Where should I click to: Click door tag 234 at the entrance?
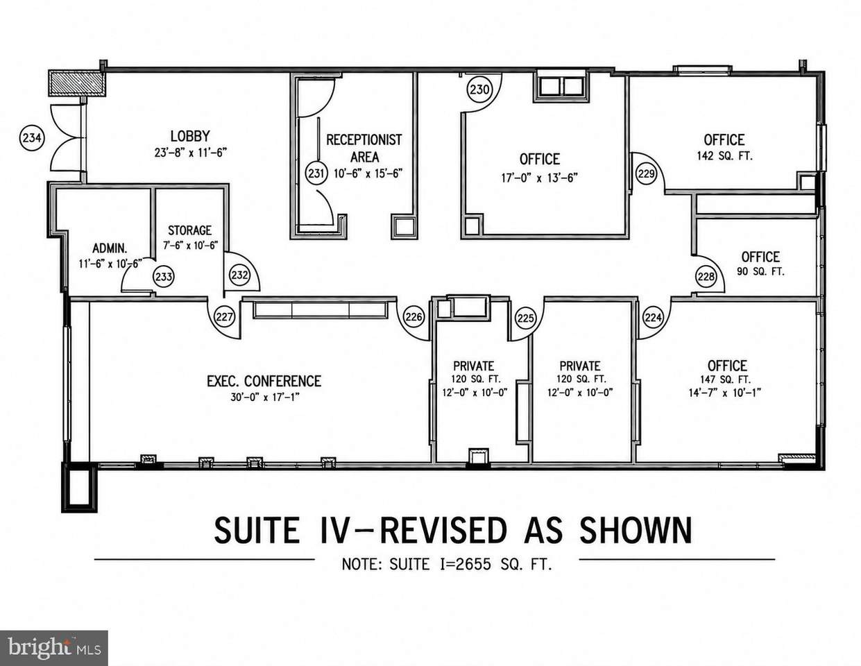coord(32,138)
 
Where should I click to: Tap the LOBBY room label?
coord(190,136)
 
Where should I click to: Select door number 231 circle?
coord(316,173)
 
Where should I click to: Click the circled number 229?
coord(646,173)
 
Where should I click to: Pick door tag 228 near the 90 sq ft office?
coord(706,276)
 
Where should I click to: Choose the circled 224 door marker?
coord(653,317)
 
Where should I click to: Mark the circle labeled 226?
coord(414,317)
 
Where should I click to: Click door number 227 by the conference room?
coord(225,317)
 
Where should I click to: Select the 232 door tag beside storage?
coord(239,275)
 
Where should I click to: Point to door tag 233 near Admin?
coord(164,276)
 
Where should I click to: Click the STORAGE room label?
coord(189,230)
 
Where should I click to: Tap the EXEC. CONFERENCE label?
coord(264,381)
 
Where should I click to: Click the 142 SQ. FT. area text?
coord(725,155)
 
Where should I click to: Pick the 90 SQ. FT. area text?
coord(760,272)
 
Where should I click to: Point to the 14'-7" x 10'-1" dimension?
coord(725,393)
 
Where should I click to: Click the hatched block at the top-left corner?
coord(77,83)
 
